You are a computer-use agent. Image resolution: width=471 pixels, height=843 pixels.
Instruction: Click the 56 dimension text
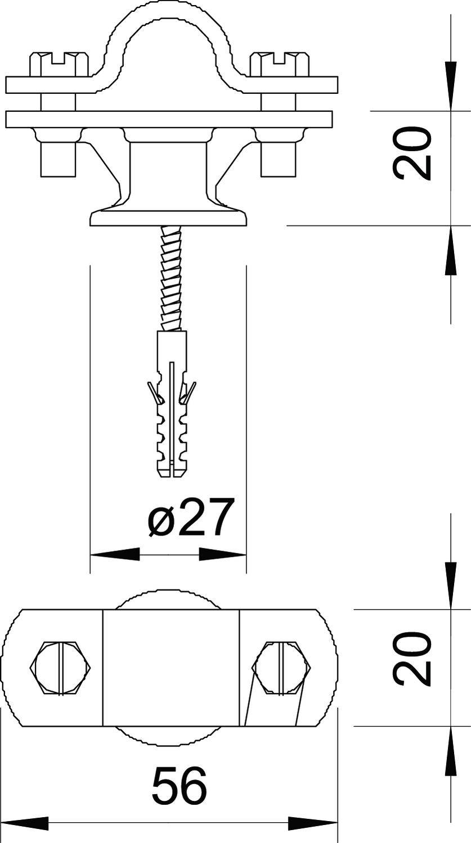coord(180,786)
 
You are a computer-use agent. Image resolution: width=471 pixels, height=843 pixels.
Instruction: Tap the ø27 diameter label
coord(191,518)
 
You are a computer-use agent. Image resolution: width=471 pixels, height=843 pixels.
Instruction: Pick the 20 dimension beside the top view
coord(413,659)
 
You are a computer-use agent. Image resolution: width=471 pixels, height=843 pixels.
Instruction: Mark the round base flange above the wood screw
coord(168,217)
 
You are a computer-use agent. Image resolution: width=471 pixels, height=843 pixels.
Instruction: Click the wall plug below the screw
coord(172,405)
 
